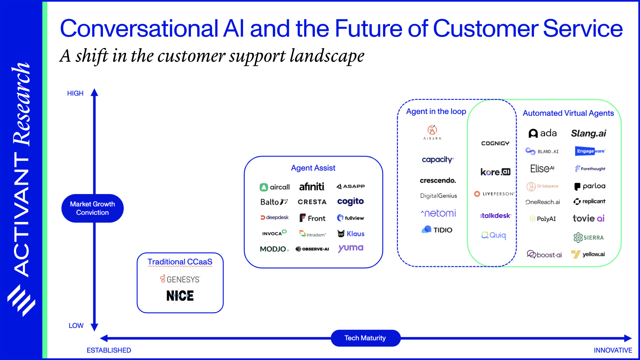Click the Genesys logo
pyautogui.click(x=180, y=279)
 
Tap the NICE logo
pyautogui.click(x=180, y=296)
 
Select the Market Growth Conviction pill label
pyautogui.click(x=92, y=208)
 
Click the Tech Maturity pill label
pyautogui.click(x=365, y=338)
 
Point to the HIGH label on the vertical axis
pyautogui.click(x=75, y=93)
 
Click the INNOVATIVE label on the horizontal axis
pyautogui.click(x=613, y=350)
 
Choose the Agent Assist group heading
pyautogui.click(x=313, y=168)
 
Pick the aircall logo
pyautogui.click(x=275, y=187)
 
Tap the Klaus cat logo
pyautogui.click(x=351, y=234)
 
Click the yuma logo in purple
pyautogui.click(x=351, y=248)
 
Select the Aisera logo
pyautogui.click(x=432, y=132)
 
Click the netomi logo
pyautogui.click(x=439, y=213)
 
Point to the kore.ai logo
pyautogui.click(x=495, y=172)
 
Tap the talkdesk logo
pyautogui.click(x=495, y=216)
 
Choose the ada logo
pyautogui.click(x=543, y=133)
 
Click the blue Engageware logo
pyautogui.click(x=590, y=151)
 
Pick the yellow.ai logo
pyautogui.click(x=588, y=254)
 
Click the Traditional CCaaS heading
pyautogui.click(x=180, y=262)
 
